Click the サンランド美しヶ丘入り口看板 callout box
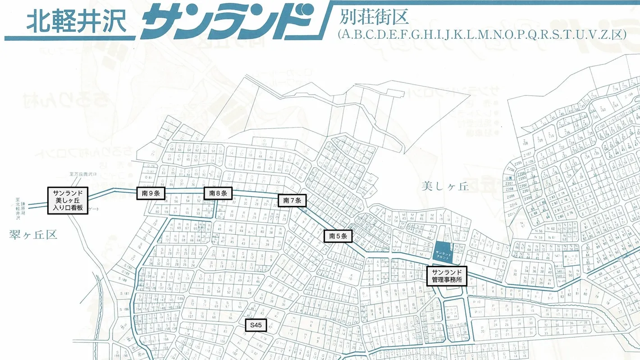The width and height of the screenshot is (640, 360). point(68,201)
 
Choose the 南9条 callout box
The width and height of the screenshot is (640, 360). point(151,193)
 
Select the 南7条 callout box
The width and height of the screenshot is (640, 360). point(292,201)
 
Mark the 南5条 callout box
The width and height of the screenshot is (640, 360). point(338,236)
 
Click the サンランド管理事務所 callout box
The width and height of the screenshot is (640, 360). point(447,276)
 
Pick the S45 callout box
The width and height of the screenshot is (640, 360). point(256,324)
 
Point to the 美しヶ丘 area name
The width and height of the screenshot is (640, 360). point(446,186)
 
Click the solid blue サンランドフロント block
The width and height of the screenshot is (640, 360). point(443,251)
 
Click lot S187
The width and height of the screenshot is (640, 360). point(125,294)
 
